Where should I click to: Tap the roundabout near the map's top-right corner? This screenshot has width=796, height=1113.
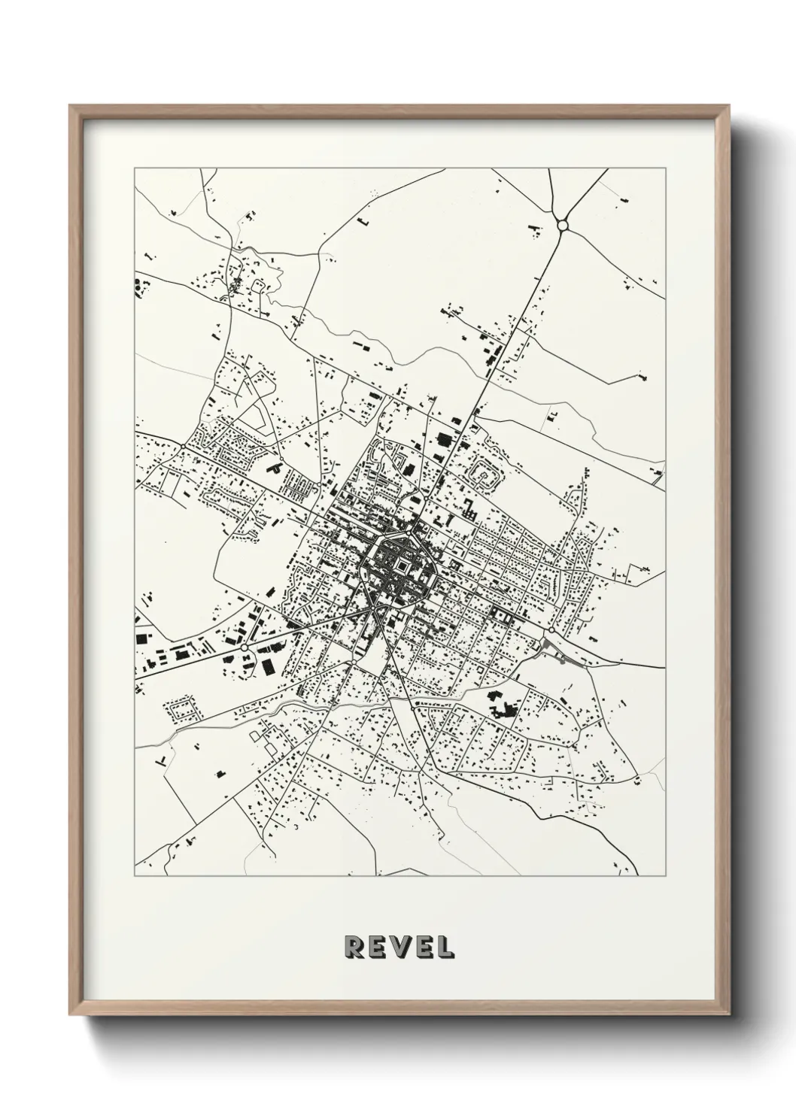562,224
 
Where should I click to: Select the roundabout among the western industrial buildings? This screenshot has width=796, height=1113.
244,647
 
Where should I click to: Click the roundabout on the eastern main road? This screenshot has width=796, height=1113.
551,629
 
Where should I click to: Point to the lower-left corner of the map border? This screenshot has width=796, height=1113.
135,875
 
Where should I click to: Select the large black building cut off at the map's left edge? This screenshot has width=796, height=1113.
138,285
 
